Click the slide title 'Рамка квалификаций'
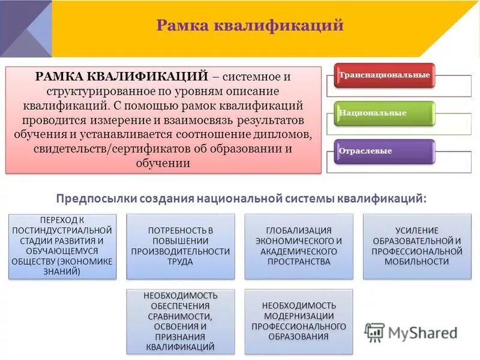[x=250, y=25]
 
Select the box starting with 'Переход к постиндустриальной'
[x=62, y=246]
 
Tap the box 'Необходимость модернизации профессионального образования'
[x=299, y=321]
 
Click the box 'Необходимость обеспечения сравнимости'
[x=181, y=321]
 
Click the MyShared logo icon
[x=374, y=332]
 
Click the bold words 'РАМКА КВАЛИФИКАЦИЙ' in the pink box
[x=122, y=77]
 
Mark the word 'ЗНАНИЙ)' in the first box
[x=62, y=271]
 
